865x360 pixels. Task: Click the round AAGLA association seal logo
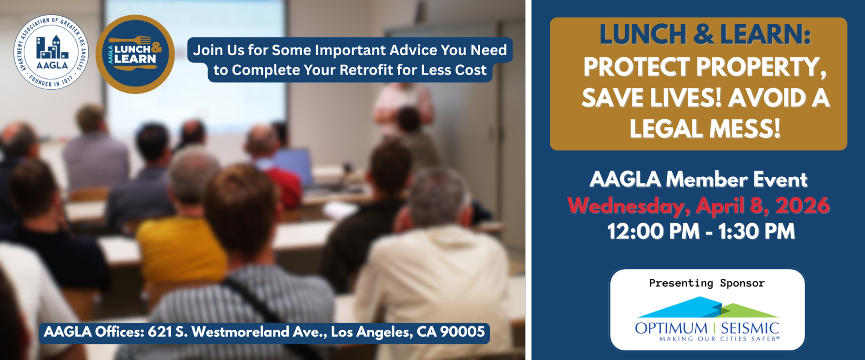(x=51, y=52)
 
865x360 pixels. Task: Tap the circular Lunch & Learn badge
(x=135, y=54)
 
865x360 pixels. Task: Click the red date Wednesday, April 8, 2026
(x=698, y=205)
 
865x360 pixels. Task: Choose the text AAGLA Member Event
(x=698, y=179)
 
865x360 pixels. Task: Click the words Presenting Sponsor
(x=707, y=283)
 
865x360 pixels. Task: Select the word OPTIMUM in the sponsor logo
(x=671, y=329)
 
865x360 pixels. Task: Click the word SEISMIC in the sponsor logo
(x=749, y=329)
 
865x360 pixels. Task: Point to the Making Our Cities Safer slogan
(x=719, y=339)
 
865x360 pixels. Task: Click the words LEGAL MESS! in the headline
(x=705, y=129)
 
